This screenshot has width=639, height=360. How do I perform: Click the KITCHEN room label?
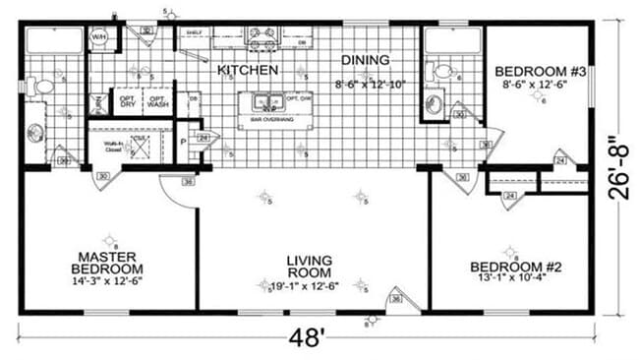point(247,71)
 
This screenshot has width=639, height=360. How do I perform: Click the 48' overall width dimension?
point(308,338)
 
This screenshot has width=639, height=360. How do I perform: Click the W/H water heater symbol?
point(99,38)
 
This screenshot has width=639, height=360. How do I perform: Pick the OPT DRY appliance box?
point(127,101)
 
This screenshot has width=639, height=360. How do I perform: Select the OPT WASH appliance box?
point(156,101)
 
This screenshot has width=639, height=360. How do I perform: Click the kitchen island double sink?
point(265,100)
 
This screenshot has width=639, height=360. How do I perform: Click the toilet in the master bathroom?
point(41,87)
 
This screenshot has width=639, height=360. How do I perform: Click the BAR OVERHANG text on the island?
point(265,120)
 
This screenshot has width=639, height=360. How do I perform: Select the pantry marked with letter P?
point(184,142)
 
